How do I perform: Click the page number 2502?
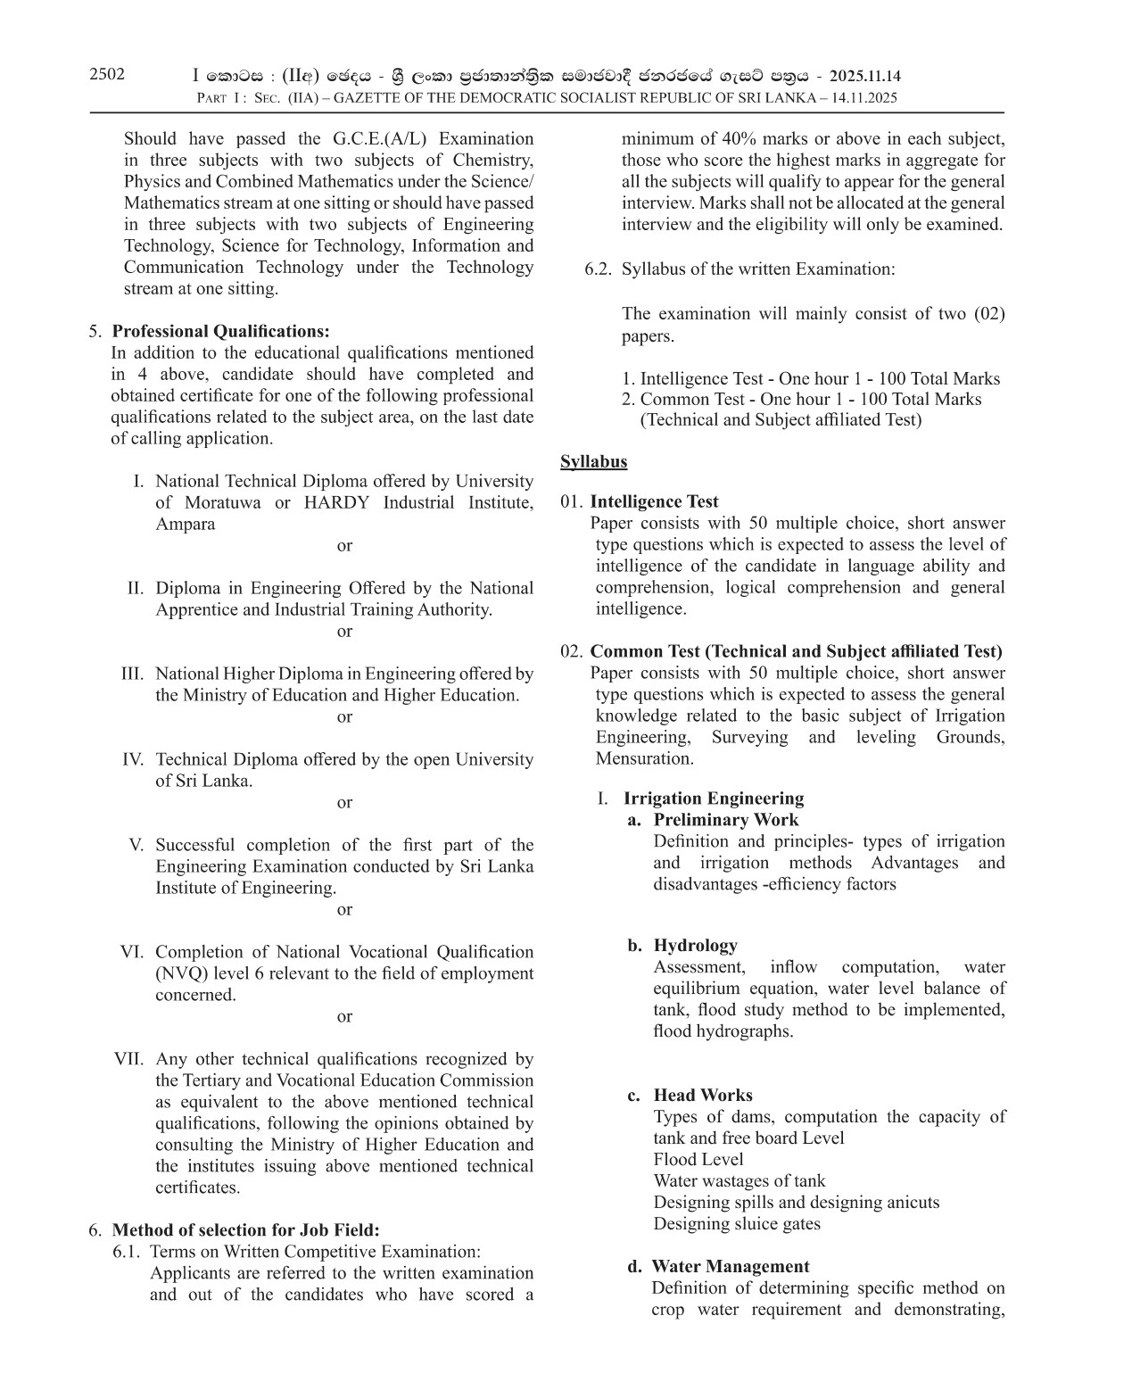107,74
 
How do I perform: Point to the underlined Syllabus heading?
593,461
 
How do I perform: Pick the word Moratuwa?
223,502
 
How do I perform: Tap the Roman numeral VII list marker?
128,1059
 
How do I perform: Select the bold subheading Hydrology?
695,945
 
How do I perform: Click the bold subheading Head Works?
702,1095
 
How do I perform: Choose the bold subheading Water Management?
730,1266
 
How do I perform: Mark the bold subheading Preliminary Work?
725,820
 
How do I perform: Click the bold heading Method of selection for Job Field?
245,1230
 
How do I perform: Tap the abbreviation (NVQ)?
180,973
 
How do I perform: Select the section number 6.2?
598,269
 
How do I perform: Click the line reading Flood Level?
698,1159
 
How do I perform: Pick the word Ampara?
185,524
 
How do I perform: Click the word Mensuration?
644,759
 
